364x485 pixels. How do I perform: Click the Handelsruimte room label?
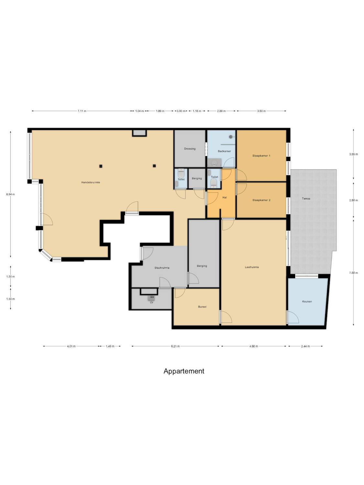tap(91, 182)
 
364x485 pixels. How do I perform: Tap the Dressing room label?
tap(190, 149)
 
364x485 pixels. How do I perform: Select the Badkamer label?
tap(224, 151)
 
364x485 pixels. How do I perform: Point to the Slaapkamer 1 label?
tap(261, 156)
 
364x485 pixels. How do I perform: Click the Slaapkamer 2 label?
tap(261, 200)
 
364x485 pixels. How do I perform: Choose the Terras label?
tap(306, 199)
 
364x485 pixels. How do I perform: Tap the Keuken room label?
tap(307, 301)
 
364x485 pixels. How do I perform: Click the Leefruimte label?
tap(252, 267)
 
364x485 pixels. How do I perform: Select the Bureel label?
tap(202, 307)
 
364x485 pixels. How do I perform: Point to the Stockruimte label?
tap(162, 268)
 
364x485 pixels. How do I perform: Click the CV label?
tap(152, 303)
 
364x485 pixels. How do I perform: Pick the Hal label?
tap(225, 198)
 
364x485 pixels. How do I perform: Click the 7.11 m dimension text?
tap(82, 111)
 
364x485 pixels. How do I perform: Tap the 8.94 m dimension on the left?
tap(10, 194)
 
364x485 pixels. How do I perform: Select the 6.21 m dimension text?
tap(175, 346)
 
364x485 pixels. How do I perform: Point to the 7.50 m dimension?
tap(353, 273)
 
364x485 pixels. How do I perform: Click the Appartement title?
tap(184, 371)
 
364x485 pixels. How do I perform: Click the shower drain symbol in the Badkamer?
tap(231, 137)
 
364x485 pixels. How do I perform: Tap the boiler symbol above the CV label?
tap(151, 298)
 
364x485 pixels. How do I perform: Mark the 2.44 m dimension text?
tap(305, 346)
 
